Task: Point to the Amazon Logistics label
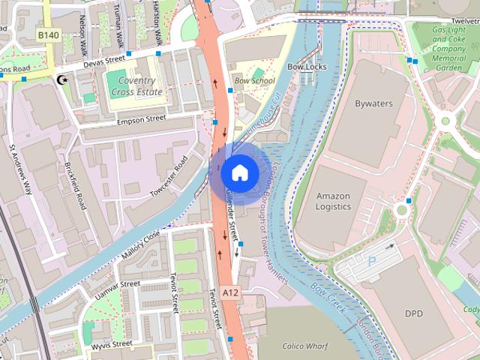[x=332, y=200]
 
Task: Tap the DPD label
[x=414, y=313]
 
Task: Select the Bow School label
[x=254, y=81]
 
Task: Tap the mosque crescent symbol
[x=61, y=79]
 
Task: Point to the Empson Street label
[x=142, y=118]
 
